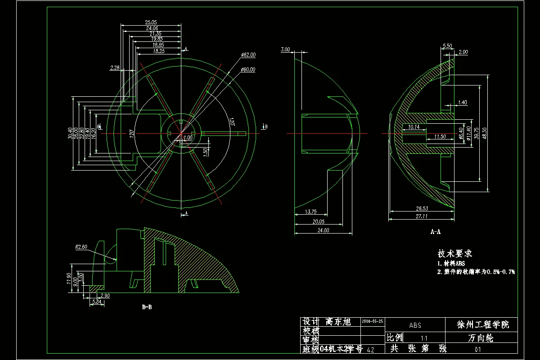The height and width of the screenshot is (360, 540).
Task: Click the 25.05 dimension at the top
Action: pyautogui.click(x=151, y=22)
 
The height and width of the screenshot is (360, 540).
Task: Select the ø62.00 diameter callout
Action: pyautogui.click(x=248, y=55)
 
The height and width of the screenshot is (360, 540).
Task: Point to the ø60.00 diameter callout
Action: pyautogui.click(x=247, y=70)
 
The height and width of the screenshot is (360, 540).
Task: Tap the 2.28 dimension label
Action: pyautogui.click(x=115, y=68)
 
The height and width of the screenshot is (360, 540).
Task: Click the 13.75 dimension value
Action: pyautogui.click(x=311, y=211)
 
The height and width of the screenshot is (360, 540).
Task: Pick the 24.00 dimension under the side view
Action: pyautogui.click(x=323, y=230)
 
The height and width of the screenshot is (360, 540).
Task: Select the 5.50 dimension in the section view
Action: pyautogui.click(x=447, y=46)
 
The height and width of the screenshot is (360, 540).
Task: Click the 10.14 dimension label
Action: pyautogui.click(x=414, y=127)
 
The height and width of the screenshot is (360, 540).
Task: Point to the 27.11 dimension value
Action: pyautogui.click(x=422, y=216)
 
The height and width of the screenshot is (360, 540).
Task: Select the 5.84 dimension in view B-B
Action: pyautogui.click(x=96, y=302)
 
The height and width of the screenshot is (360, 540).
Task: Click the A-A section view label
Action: pyautogui.click(x=435, y=232)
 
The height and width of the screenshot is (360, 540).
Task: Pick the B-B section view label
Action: pyautogui.click(x=147, y=308)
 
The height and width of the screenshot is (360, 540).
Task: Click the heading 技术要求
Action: pyautogui.click(x=454, y=254)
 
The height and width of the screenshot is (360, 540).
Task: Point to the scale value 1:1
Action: pyautogui.click(x=424, y=337)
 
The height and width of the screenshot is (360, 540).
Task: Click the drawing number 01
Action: pyautogui.click(x=478, y=349)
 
